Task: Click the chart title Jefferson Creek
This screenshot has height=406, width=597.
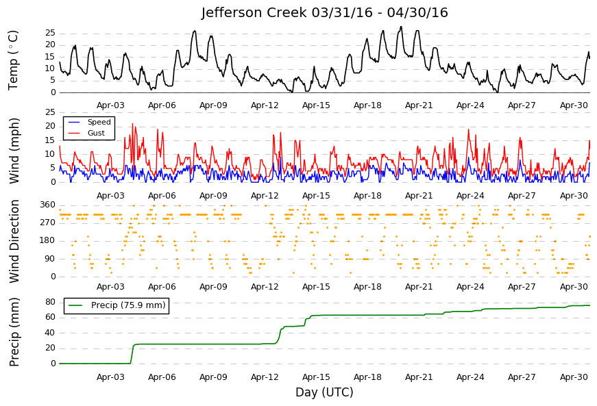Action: point(254,12)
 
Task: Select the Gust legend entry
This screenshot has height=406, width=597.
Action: point(86,133)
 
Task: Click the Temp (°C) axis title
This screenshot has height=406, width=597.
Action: point(13,60)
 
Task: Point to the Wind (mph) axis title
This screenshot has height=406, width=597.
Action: point(14,151)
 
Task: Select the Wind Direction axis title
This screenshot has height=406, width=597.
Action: point(14,242)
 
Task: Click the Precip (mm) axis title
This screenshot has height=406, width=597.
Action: point(14,332)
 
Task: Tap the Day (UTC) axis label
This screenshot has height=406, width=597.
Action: point(324,392)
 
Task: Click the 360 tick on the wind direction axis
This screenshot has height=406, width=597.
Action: point(48,205)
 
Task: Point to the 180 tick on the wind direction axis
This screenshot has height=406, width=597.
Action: point(48,240)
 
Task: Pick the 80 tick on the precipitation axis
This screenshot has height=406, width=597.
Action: point(51,302)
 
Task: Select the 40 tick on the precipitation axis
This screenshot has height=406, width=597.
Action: point(51,333)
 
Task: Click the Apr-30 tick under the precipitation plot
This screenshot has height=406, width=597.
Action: point(574,377)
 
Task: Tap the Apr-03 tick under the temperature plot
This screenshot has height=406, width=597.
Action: point(110,105)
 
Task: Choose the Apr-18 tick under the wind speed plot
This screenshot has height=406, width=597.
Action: point(367,196)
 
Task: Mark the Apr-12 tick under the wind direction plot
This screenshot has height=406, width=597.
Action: point(265,287)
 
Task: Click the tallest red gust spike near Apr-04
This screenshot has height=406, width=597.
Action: point(132,124)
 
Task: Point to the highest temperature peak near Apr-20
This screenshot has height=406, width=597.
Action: point(401,27)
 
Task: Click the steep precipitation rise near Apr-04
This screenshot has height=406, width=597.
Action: point(132,354)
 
